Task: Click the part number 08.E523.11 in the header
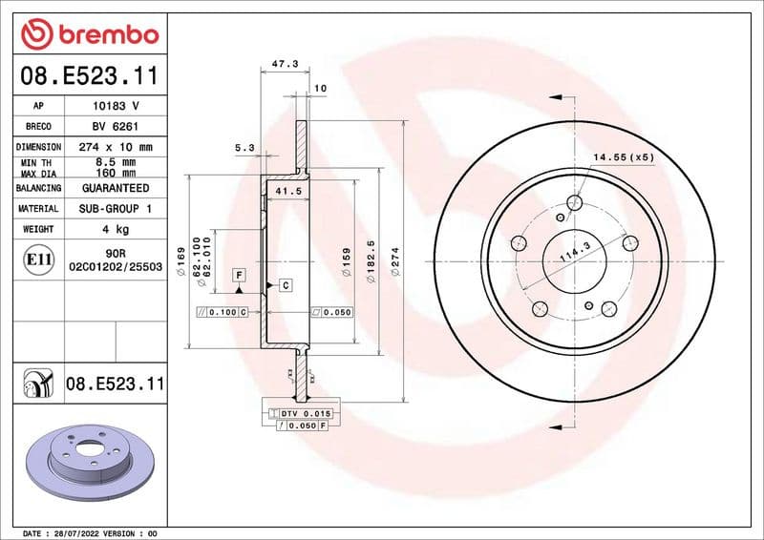pyautogui.click(x=89, y=75)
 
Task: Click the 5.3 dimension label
pyautogui.click(x=244, y=148)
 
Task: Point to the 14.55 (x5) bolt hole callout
pyautogui.click(x=624, y=156)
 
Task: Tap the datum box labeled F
pyautogui.click(x=239, y=275)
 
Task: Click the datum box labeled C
pyautogui.click(x=285, y=285)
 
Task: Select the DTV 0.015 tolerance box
pyautogui.click(x=301, y=412)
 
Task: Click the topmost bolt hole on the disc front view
pyautogui.click(x=574, y=202)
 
